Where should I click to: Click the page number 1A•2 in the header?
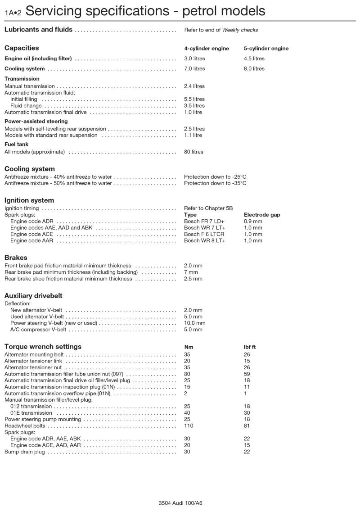pyautogui.click(x=13, y=13)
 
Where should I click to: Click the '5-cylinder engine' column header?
pyautogui.click(x=266, y=49)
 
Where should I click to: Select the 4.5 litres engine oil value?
pyautogui.click(x=254, y=59)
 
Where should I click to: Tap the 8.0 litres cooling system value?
pyautogui.click(x=254, y=69)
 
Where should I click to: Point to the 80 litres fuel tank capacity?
pyautogui.click(x=193, y=152)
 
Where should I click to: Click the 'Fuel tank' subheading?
pyautogui.click(x=16, y=144)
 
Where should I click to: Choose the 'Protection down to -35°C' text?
pyautogui.click(x=215, y=183)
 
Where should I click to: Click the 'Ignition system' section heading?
pyautogui.click(x=29, y=200)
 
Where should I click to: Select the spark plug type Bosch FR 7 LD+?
pyautogui.click(x=204, y=222)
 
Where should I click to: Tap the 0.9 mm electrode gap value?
pyautogui.click(x=253, y=222)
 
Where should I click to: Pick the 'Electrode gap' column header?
pyautogui.click(x=262, y=215)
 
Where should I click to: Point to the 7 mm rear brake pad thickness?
pyautogui.click(x=191, y=272)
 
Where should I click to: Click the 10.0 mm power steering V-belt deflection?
pyautogui.click(x=194, y=323)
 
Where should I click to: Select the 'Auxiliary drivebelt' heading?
pyautogui.click(x=33, y=296)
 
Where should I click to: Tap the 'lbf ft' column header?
pyautogui.click(x=250, y=347)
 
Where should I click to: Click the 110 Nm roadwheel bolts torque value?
pyautogui.click(x=189, y=426)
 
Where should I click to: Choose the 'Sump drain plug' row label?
pyautogui.click(x=25, y=452)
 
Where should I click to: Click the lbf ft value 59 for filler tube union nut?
pyautogui.click(x=247, y=374)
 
